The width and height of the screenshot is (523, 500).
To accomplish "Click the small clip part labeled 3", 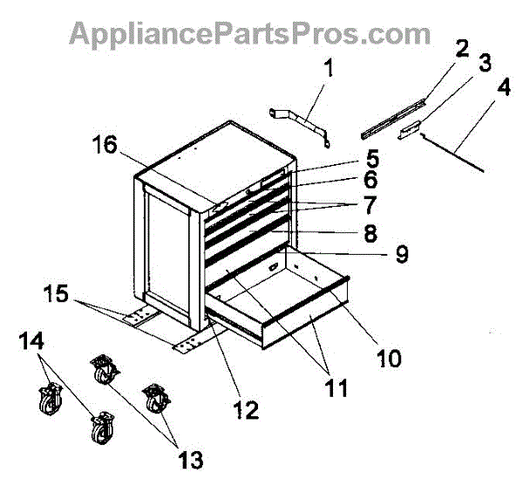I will tap(409, 131).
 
